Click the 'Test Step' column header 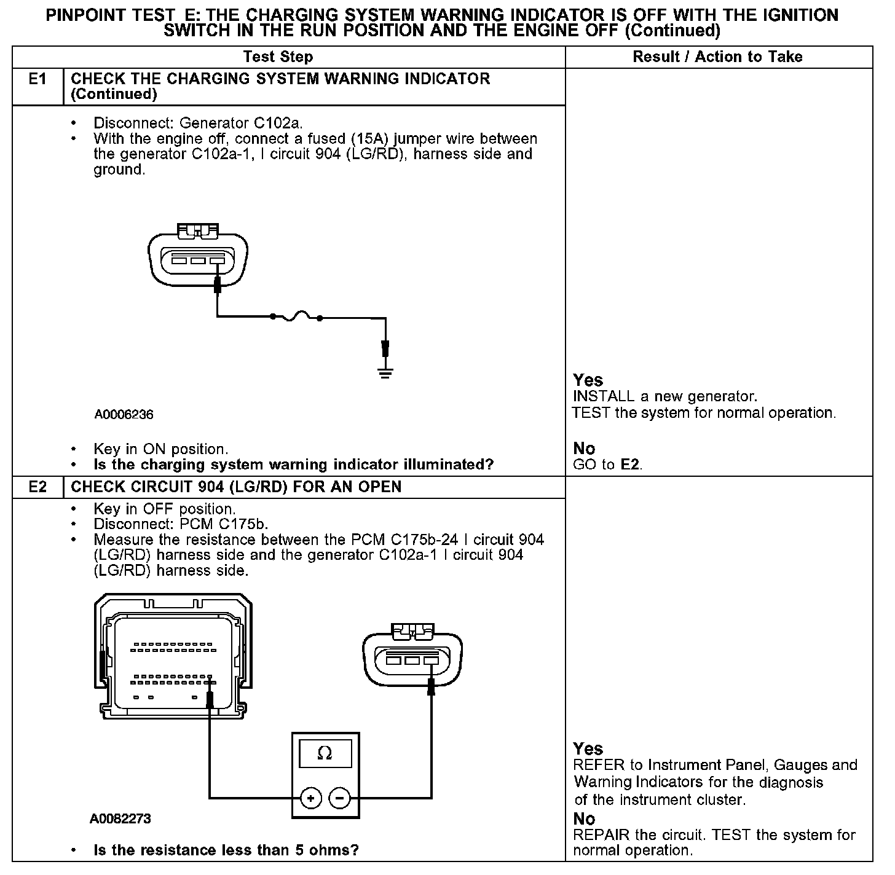point(278,57)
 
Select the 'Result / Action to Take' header point(717,57)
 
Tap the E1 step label point(37,79)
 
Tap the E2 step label point(37,487)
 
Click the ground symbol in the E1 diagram point(385,372)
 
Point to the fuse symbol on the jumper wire point(296,317)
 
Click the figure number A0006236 point(124,415)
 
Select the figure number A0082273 point(120,819)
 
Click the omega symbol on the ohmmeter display point(325,753)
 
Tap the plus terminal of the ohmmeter point(311,798)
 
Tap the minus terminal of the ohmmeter point(340,798)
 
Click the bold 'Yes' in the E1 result point(588,380)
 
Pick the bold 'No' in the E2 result point(584,819)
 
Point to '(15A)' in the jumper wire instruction point(371,139)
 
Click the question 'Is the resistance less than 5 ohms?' point(226,851)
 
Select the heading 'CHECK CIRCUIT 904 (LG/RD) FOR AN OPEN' point(236,487)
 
